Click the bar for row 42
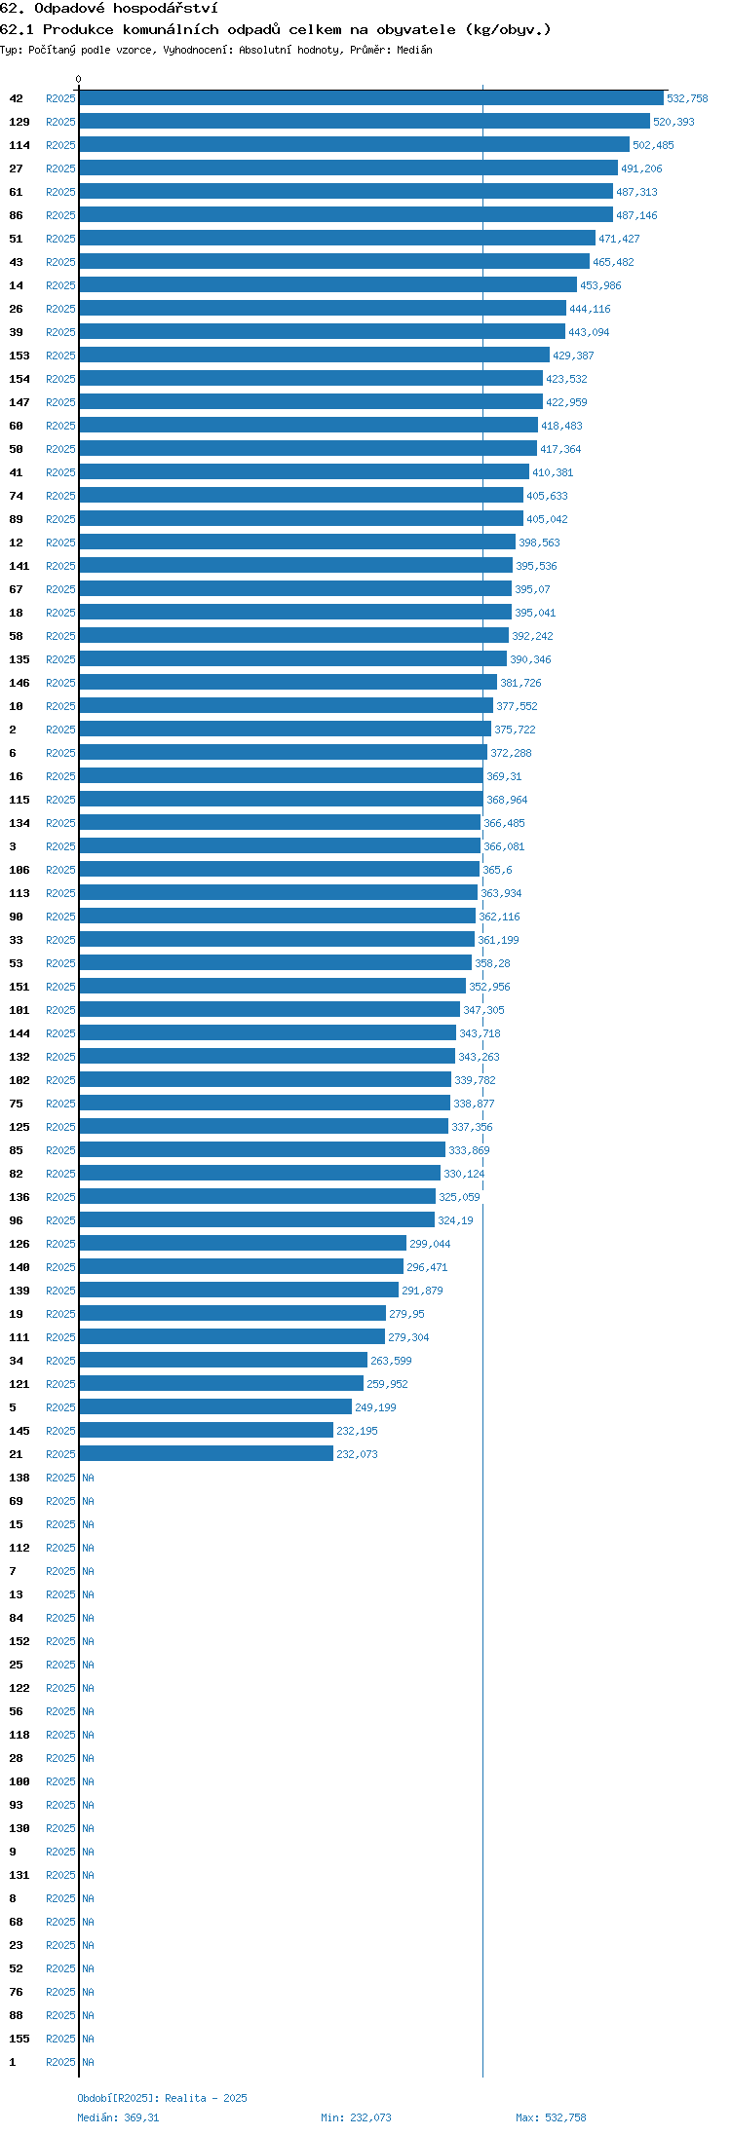[371, 98]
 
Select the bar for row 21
[207, 1454]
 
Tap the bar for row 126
[243, 1244]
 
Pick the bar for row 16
[282, 776]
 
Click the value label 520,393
[673, 122]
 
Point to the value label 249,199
[375, 1407]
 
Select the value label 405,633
[547, 496]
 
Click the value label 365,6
[497, 870]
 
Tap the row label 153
[19, 356]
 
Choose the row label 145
[19, 1431]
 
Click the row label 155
[19, 2039]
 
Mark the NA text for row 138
[88, 1478]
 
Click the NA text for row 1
[88, 2062]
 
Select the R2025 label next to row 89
[60, 519]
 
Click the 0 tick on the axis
[79, 79]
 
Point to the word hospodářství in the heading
[166, 8]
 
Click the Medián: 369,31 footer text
[118, 2117]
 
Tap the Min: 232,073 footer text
[356, 2117]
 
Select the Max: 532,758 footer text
[551, 2117]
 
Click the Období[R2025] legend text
[118, 2098]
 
